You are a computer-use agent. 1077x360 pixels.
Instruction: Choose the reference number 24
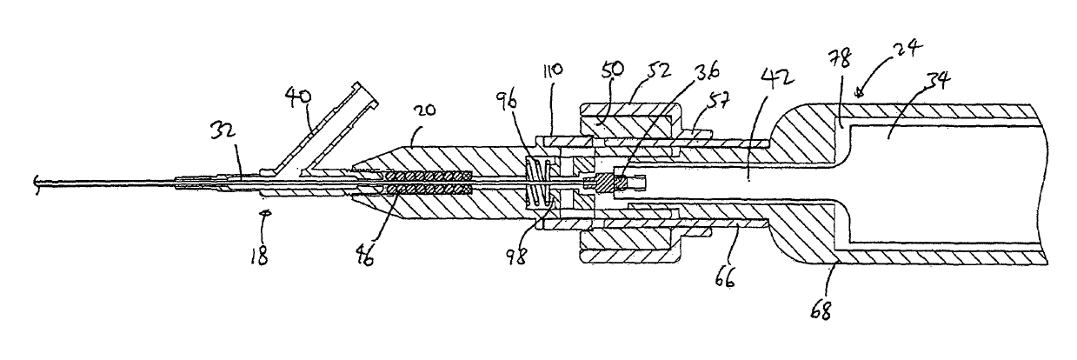click(905, 49)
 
